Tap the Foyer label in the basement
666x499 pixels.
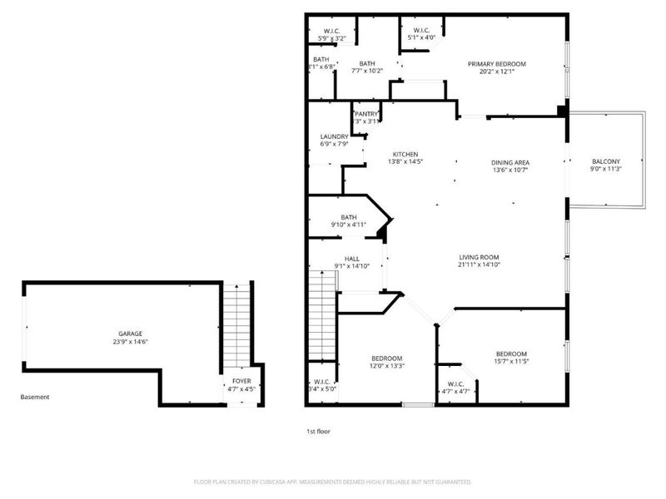click(x=241, y=381)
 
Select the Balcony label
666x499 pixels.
click(x=605, y=161)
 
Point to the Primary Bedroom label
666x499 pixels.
click(x=496, y=64)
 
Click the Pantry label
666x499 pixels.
click(x=367, y=114)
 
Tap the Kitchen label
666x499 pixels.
click(x=405, y=154)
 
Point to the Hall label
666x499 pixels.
click(x=351, y=259)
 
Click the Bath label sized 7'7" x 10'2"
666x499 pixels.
click(x=367, y=63)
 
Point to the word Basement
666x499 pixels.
click(x=35, y=397)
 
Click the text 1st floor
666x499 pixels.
click(x=317, y=432)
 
